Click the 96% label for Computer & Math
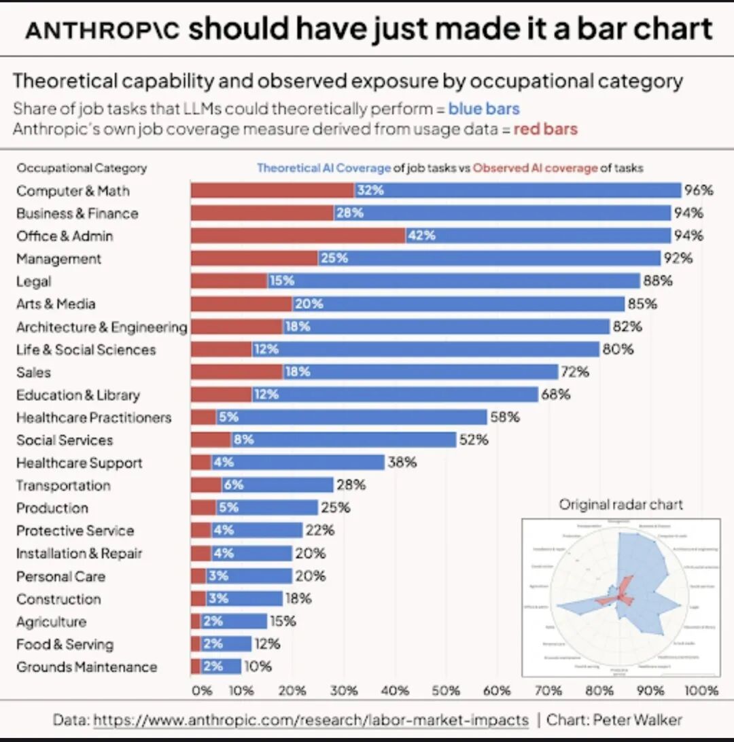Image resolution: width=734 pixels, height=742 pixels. click(x=699, y=190)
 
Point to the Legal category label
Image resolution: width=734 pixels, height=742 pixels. click(x=34, y=281)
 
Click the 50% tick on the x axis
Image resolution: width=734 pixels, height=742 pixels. click(x=446, y=690)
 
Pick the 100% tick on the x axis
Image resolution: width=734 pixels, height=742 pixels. click(x=701, y=690)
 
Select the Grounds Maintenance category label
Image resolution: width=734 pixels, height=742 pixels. click(x=86, y=667)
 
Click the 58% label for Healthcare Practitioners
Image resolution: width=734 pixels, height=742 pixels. click(x=505, y=417)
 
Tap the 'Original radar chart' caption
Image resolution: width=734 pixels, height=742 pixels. click(x=621, y=504)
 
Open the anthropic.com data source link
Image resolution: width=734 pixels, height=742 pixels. click(x=311, y=720)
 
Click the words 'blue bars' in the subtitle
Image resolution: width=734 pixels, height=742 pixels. click(x=484, y=109)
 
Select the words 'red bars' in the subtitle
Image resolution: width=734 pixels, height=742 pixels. click(x=545, y=128)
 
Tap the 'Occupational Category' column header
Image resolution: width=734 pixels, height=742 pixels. click(x=82, y=168)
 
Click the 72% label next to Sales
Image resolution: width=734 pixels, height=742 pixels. click(x=574, y=372)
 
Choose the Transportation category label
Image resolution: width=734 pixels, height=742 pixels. click(x=63, y=485)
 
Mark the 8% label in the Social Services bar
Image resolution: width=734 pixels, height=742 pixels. click(x=243, y=440)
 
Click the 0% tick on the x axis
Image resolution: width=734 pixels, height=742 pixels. click(x=202, y=690)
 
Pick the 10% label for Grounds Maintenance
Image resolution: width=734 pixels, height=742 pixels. click(x=258, y=667)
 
